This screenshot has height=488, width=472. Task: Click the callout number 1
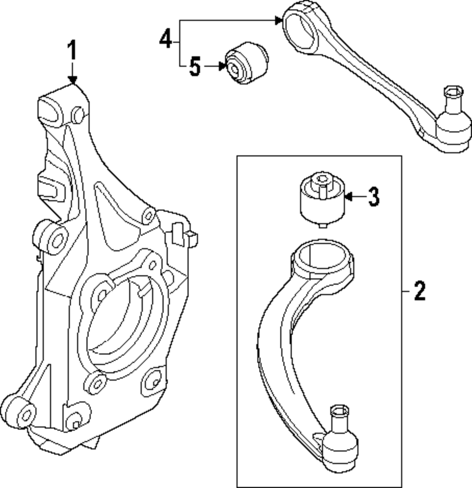point(72,51)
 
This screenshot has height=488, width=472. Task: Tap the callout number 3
point(373,197)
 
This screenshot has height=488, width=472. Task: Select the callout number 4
point(165,40)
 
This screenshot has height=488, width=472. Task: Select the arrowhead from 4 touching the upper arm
point(278,20)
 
